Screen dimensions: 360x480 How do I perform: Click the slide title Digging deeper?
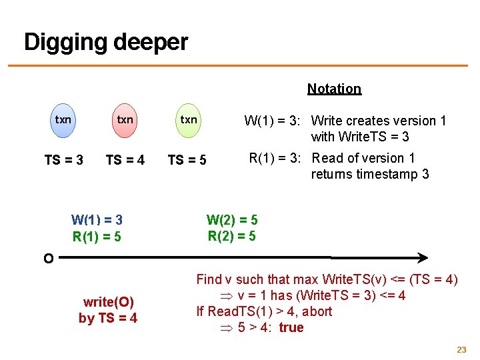tap(105, 42)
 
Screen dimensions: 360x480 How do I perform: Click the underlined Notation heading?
tap(334, 89)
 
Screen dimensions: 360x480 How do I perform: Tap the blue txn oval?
tap(63, 120)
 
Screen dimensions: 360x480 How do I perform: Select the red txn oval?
tap(125, 120)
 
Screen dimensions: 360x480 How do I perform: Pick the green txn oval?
tap(189, 120)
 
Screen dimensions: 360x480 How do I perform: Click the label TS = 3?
tap(63, 160)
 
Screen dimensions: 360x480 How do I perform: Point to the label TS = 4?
tap(125, 160)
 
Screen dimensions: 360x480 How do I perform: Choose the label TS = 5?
tap(187, 160)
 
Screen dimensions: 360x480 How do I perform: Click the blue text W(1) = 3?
tap(97, 220)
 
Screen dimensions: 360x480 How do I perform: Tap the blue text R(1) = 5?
tap(97, 236)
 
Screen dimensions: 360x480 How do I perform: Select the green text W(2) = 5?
tap(232, 219)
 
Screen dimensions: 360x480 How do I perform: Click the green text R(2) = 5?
tap(232, 235)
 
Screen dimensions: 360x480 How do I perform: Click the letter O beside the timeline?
tap(48, 259)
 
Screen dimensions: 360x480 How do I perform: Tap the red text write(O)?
tap(108, 302)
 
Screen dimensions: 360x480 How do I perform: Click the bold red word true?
tap(291, 327)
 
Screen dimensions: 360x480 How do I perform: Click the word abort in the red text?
tap(317, 311)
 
